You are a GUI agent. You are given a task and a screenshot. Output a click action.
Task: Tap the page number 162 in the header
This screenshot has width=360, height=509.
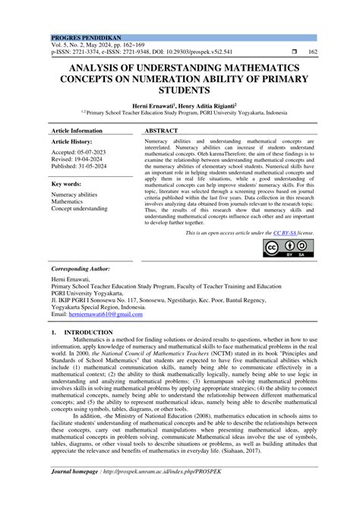point(312,52)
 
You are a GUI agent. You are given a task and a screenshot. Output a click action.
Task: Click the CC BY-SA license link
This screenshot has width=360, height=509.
point(283,233)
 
